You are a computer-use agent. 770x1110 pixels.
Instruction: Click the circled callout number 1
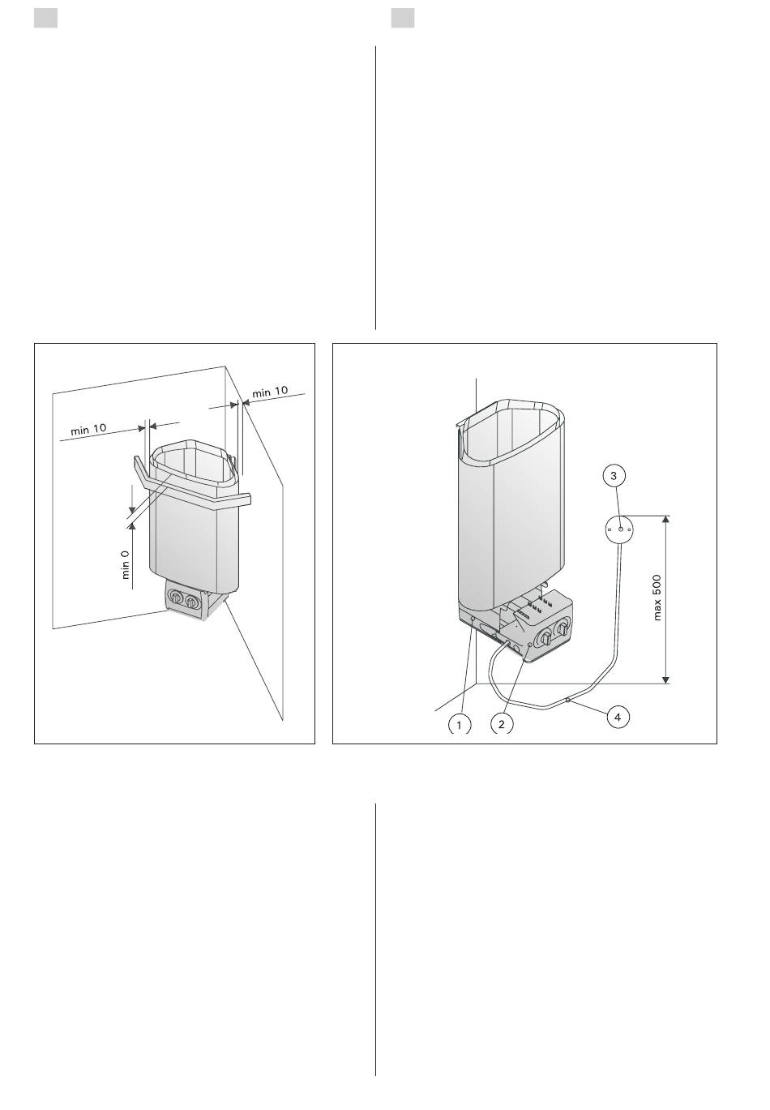tap(460, 726)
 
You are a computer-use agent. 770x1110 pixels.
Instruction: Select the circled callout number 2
tap(502, 725)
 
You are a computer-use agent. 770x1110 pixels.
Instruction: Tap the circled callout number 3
tap(614, 476)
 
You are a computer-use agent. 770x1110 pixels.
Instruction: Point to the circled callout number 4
tap(618, 717)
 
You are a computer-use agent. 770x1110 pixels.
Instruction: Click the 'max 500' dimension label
tap(657, 598)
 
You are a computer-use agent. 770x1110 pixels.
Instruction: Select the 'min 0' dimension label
tap(126, 564)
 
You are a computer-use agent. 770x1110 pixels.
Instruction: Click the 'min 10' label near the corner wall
tap(270, 392)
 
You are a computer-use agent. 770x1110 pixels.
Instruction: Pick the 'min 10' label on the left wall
tap(88, 429)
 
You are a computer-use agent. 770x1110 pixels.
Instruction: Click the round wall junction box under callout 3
tap(619, 529)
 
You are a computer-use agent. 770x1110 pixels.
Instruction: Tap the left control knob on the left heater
tap(177, 597)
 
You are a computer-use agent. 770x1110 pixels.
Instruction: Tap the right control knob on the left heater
tap(191, 601)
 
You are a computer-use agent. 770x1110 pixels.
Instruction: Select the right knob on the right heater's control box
tap(562, 629)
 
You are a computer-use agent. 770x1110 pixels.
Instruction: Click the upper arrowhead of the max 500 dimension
tap(666, 519)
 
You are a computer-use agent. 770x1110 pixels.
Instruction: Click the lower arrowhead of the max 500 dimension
tap(666, 679)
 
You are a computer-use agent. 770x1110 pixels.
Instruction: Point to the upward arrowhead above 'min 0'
tap(132, 527)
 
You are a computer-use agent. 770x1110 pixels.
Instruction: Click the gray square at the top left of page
tap(45, 19)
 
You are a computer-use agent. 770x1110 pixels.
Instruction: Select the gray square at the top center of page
tap(402, 19)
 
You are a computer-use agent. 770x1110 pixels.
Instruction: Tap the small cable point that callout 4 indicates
tap(567, 700)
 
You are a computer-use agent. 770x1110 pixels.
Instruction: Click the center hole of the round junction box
tap(620, 529)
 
